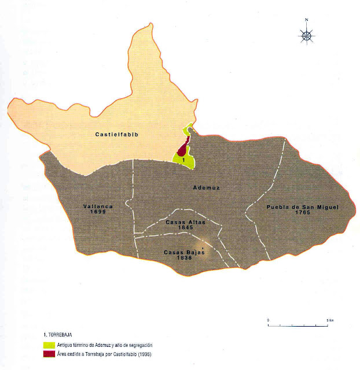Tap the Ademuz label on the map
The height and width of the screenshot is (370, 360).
coord(207,188)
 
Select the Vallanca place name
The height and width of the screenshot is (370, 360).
coord(97,206)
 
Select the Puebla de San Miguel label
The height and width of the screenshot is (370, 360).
coord(302,206)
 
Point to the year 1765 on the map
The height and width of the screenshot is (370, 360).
coord(302,212)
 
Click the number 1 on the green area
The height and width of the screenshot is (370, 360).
coord(183,158)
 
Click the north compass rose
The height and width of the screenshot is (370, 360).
coord(307,36)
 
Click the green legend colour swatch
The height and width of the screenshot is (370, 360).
coord(50,345)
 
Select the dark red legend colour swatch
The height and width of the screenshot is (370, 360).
coord(50,354)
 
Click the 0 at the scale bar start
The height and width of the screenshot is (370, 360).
coord(268,319)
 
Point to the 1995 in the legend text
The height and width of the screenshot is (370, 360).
coord(147,354)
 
